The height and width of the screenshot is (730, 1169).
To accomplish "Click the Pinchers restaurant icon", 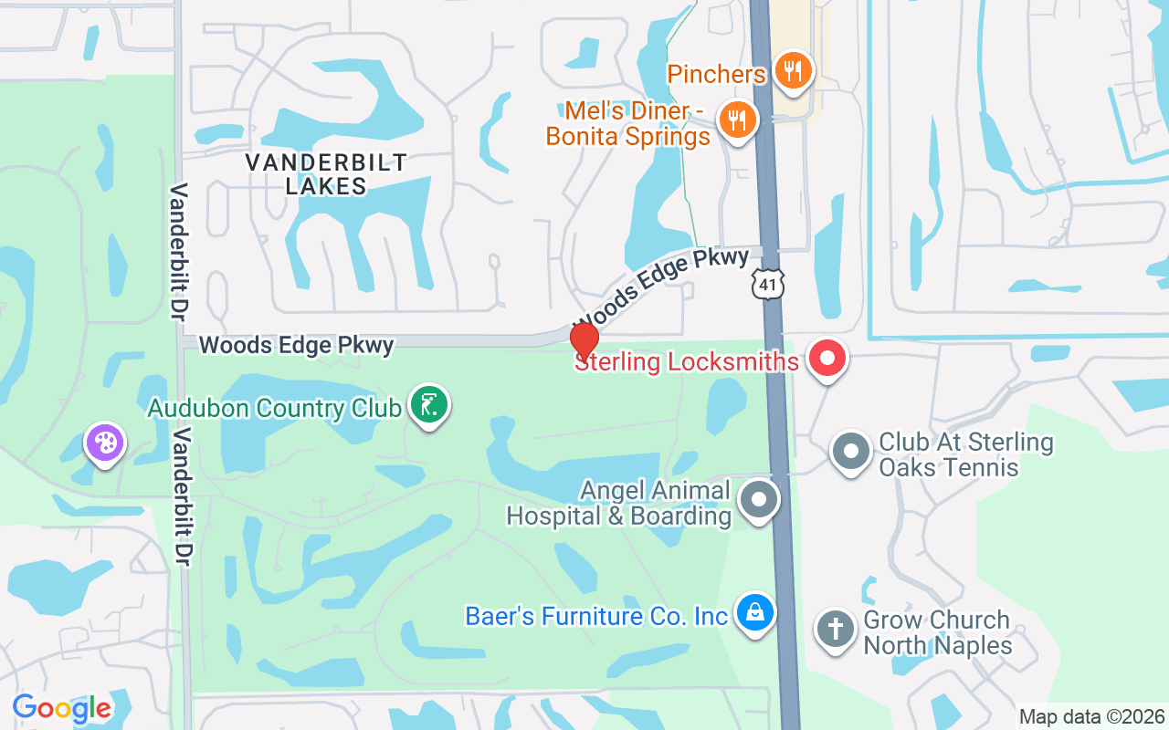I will tap(792, 70).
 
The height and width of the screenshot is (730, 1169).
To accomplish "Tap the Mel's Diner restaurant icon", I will tap(736, 119).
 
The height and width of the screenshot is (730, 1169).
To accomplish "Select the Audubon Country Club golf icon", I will tap(428, 404).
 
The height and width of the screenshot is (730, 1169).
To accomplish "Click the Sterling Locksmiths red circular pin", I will tap(827, 359).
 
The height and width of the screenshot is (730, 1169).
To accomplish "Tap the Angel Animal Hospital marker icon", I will tap(759, 501).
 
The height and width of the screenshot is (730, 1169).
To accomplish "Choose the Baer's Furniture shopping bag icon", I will tap(755, 612).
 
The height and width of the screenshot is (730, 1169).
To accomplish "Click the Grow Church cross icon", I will tap(835, 630).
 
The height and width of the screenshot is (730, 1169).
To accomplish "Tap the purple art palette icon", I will tap(105, 443).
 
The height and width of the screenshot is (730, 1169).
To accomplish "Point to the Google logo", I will tap(62, 707).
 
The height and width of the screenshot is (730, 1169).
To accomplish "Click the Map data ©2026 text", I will tap(1091, 717).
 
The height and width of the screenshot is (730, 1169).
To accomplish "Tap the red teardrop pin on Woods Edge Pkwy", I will tap(584, 342).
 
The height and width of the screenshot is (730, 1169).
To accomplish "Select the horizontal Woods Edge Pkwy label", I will tap(297, 345).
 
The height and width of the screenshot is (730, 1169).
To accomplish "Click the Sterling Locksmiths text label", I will tap(687, 362).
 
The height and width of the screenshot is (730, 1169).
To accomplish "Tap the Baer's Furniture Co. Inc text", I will tap(596, 616).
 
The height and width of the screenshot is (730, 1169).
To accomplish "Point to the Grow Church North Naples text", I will tap(937, 632).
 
